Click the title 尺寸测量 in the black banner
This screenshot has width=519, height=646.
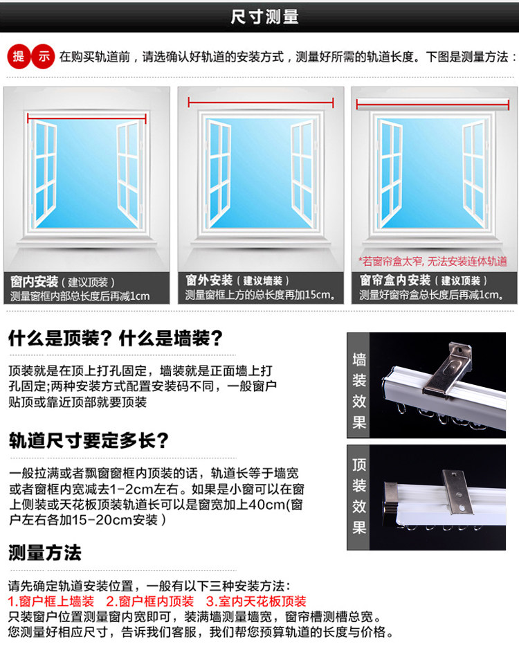[264, 17]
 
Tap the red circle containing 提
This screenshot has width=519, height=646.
[19, 56]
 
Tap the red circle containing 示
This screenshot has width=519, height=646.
[43, 56]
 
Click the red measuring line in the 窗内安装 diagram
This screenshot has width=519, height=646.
[86, 118]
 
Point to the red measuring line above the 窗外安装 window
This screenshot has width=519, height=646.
[261, 102]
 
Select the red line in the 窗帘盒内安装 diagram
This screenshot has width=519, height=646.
[433, 105]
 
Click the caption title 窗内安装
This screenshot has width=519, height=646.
[34, 282]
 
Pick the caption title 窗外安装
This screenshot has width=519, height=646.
[209, 280]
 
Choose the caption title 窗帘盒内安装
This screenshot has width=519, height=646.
[395, 280]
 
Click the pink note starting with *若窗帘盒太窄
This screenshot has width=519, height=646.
[432, 261]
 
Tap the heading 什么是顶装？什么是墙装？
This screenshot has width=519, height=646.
[116, 339]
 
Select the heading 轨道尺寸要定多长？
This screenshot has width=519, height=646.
[89, 440]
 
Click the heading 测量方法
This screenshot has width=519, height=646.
[45, 553]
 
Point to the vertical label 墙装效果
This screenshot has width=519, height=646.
[358, 391]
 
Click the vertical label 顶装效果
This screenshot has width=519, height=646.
[358, 496]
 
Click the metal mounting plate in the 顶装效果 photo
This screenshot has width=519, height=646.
[457, 492]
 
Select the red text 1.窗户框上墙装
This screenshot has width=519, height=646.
[51, 602]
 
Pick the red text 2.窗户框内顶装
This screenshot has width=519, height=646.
[150, 602]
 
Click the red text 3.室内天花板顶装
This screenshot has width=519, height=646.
[256, 602]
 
